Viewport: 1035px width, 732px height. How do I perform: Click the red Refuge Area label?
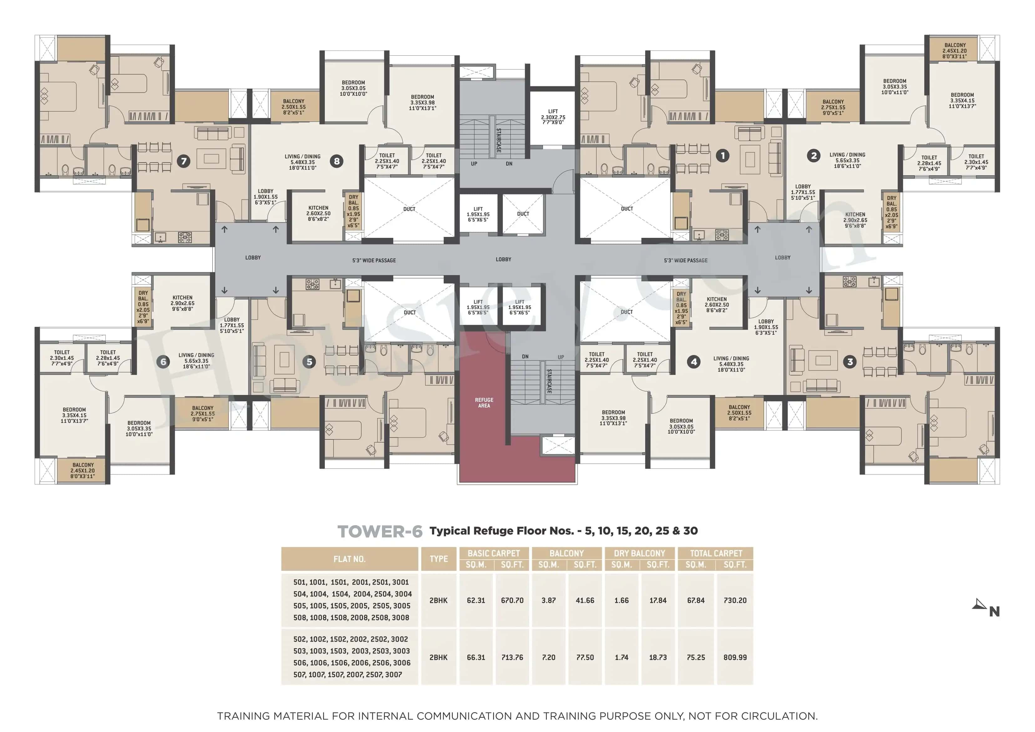(x=484, y=402)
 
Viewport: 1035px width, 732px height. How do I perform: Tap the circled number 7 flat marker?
(x=183, y=161)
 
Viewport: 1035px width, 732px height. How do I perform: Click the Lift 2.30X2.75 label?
(x=553, y=116)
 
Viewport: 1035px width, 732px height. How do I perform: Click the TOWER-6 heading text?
(x=380, y=531)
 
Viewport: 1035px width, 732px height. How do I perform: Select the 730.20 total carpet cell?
(x=735, y=600)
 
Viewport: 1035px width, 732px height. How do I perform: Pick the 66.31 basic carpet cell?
(x=476, y=657)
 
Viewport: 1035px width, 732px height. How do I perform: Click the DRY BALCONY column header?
(x=639, y=553)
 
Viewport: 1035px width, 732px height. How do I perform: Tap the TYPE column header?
(x=438, y=559)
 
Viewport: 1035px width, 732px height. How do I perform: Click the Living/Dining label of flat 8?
(x=303, y=162)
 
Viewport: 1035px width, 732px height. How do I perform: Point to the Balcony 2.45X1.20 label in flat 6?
(x=83, y=470)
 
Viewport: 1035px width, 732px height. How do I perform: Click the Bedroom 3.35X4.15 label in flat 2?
(x=962, y=100)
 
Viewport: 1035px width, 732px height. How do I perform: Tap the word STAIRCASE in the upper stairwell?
(x=498, y=140)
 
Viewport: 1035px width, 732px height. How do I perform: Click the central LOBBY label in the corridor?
(x=503, y=259)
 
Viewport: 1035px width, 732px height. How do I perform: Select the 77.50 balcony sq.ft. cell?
(x=585, y=657)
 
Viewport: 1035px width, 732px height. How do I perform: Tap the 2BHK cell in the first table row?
(x=438, y=600)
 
